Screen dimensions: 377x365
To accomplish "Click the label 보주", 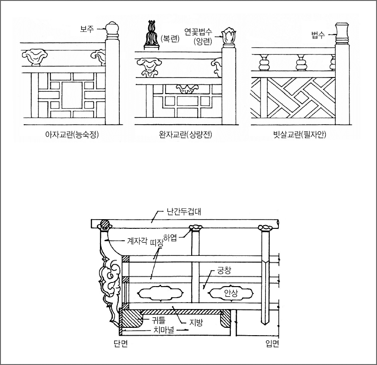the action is click(87, 29).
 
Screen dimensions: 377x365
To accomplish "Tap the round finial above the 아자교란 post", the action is click(112, 31).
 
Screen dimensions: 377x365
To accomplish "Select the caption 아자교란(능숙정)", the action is click(72, 135).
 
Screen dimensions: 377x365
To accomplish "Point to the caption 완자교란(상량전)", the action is click(185, 135).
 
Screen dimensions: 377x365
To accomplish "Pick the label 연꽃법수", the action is click(198, 32).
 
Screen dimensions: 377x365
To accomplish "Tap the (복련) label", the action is click(170, 39).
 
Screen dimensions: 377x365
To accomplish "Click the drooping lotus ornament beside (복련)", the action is click(151, 35).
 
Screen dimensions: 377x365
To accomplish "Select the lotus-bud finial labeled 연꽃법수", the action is click(229, 38).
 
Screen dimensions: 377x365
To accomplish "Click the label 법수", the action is click(318, 35).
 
